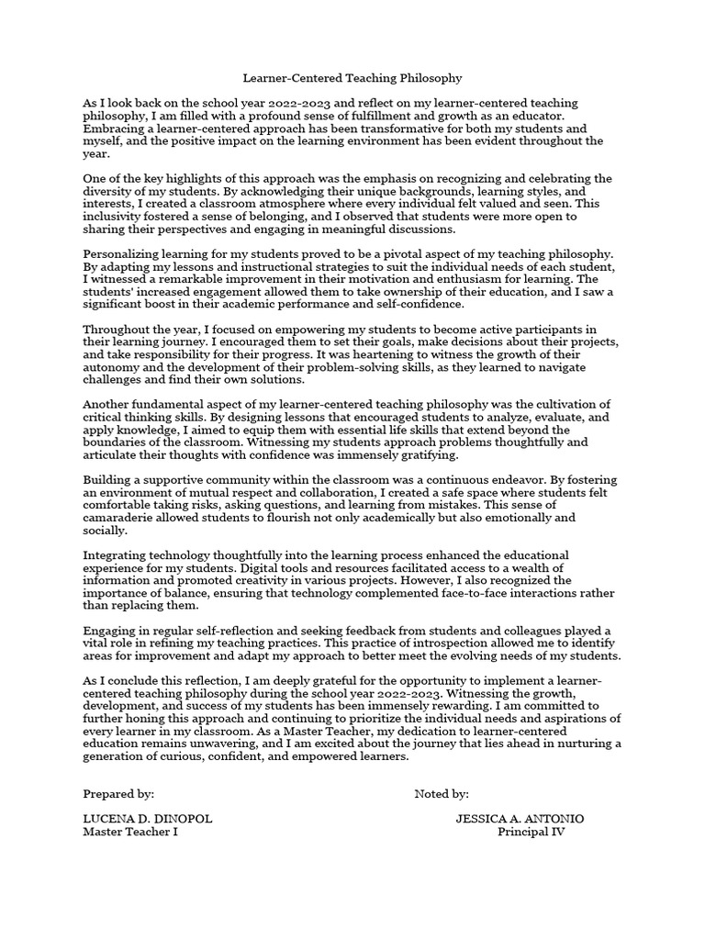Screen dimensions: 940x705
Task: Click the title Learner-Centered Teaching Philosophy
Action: [352, 79]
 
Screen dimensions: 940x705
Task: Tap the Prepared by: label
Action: [118, 794]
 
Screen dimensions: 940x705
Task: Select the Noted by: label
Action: [442, 794]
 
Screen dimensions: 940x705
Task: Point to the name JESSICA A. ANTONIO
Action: [520, 819]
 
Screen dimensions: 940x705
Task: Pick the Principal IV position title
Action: [532, 832]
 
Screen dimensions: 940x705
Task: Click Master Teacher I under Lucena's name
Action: [130, 832]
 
